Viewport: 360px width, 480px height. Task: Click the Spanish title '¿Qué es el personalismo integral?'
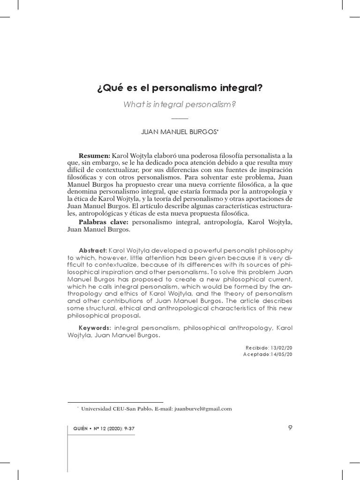(180, 88)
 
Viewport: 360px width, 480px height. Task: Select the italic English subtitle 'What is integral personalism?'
(180, 104)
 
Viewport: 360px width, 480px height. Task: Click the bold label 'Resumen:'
(94, 156)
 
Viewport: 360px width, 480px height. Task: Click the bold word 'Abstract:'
(93, 251)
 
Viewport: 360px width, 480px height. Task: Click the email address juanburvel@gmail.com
(202, 409)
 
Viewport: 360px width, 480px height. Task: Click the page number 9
(290, 427)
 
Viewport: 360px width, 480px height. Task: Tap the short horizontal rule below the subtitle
(180, 118)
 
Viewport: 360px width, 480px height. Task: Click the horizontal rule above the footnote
(115, 402)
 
